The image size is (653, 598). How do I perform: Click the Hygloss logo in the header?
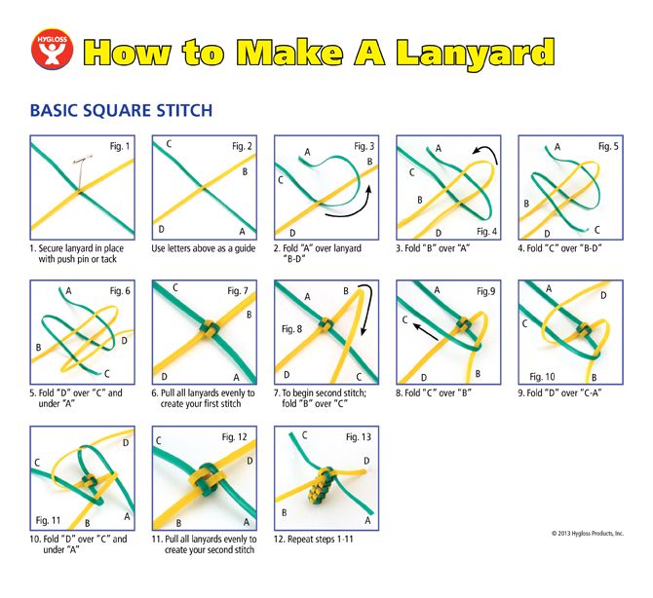53,49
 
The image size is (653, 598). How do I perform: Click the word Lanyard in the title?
475,54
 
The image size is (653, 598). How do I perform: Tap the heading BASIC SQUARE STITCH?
121,110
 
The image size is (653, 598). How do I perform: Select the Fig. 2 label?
242,146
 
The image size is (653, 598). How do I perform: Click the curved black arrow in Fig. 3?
351,205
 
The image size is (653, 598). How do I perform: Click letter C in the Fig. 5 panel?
596,230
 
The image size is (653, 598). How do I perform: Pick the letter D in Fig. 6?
124,341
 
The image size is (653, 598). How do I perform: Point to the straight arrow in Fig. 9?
425,332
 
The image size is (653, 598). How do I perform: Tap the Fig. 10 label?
542,377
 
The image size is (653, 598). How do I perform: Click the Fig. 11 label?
48,520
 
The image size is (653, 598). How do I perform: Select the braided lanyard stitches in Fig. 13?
321,485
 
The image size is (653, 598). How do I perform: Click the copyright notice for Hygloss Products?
588,533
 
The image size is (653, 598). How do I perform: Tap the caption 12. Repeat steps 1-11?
313,539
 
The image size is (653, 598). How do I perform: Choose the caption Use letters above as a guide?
204,248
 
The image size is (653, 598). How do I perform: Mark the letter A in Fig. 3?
307,152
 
